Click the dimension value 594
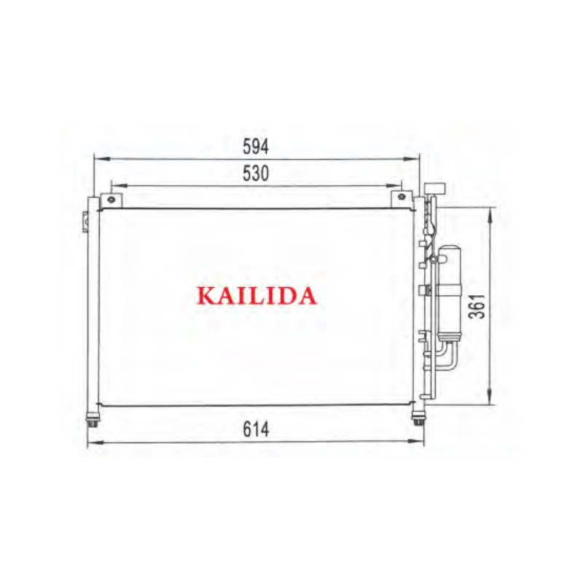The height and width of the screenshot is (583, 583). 256,146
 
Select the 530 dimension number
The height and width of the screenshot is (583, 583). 256,173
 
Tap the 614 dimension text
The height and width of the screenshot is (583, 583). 256,430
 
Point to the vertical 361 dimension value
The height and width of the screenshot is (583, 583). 477,306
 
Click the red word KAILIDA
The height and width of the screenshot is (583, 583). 257,296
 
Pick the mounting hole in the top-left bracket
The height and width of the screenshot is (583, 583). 111,200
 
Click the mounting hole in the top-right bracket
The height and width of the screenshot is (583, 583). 402,196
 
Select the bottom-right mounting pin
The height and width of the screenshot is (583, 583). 418,418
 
